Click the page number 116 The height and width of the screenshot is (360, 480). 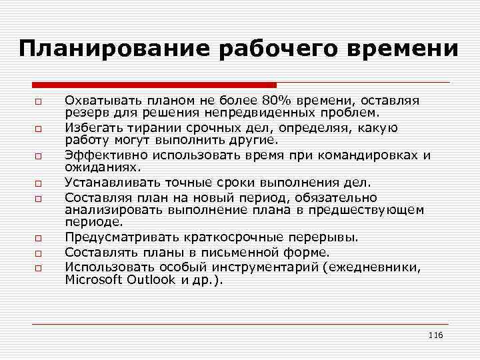[435, 334]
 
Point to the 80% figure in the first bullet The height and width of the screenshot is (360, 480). [275, 101]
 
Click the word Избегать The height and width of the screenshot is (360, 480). [92, 128]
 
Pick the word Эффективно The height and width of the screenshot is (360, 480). [98, 156]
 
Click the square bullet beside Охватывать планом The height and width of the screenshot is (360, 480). [39, 102]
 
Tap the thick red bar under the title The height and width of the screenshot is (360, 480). [154, 85]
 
